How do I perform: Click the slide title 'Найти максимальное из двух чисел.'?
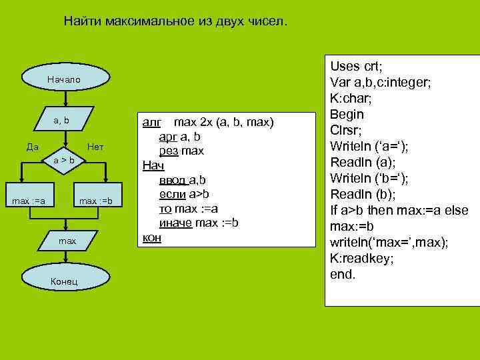(x=176, y=21)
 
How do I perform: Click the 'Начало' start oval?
(x=64, y=80)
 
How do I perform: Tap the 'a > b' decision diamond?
(x=65, y=161)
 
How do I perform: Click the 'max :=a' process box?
(x=30, y=201)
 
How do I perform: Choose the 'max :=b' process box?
(x=97, y=201)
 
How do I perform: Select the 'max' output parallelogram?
(x=67, y=241)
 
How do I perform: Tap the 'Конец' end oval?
(x=64, y=281)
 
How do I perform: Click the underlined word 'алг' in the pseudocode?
(x=153, y=123)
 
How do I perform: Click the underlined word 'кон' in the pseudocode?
(x=153, y=237)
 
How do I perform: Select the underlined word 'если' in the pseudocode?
(x=172, y=194)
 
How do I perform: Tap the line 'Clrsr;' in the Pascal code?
(x=347, y=130)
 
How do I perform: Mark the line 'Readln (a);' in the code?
(x=361, y=162)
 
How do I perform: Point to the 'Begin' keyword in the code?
(x=347, y=114)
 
